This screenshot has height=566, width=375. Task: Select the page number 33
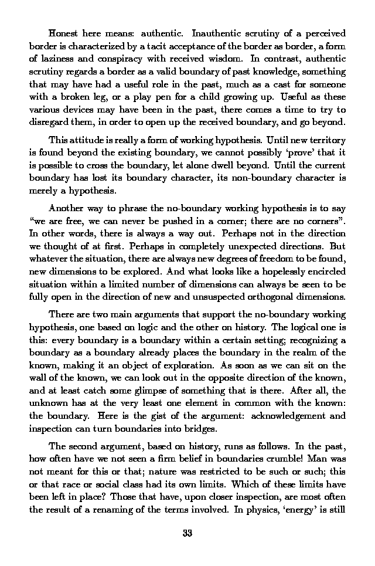coord(187,534)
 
